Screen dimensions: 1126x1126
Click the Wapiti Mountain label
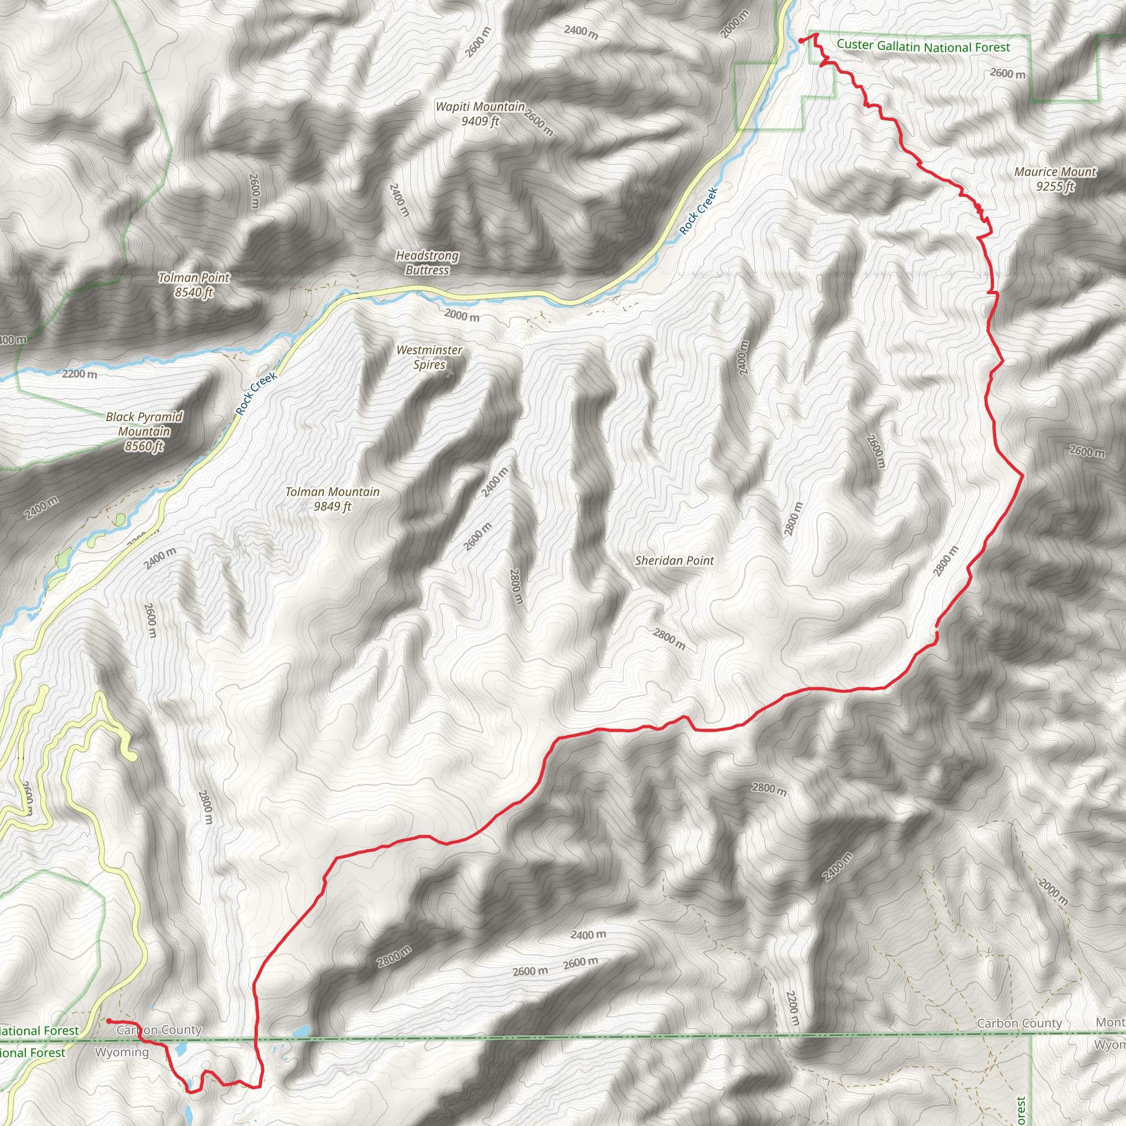(479, 107)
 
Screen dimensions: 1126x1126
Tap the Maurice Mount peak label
(1055, 172)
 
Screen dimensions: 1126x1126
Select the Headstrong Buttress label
(427, 262)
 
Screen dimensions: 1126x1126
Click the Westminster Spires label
(429, 357)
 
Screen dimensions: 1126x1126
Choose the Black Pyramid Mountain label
(144, 431)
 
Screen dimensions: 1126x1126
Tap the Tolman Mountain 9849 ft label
(332, 499)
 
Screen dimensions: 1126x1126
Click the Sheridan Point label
(674, 561)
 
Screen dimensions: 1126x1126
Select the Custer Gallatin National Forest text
(923, 46)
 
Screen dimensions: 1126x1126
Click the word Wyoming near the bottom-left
(122, 1052)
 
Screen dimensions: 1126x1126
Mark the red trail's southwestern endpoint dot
(109, 1020)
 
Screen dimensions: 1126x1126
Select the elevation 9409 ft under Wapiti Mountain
(480, 121)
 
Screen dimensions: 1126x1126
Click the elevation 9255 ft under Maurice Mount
(1055, 186)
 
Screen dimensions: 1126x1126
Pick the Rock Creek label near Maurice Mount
(698, 211)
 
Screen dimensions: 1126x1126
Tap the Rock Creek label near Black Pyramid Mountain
(256, 394)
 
